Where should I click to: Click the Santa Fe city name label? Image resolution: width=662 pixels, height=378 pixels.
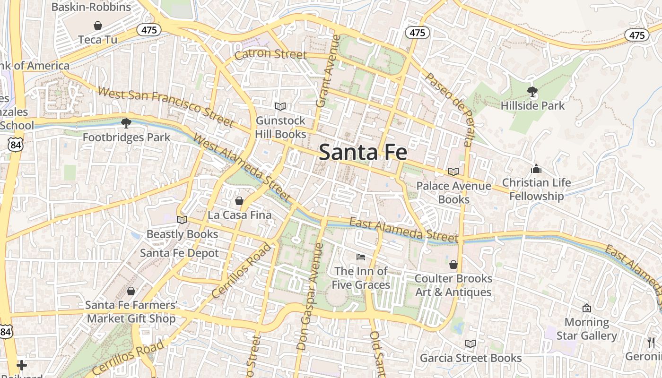(x=363, y=152)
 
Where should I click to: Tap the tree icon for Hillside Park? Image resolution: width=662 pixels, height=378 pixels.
(x=532, y=92)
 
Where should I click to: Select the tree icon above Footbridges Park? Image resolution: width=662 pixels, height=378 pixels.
(x=126, y=123)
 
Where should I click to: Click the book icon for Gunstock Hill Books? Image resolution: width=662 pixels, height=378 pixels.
(x=280, y=106)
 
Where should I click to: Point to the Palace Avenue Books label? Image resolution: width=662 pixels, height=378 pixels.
(x=453, y=192)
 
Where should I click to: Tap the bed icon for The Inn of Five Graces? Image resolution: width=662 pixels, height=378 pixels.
(x=361, y=257)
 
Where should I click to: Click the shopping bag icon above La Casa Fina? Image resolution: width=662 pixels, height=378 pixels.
(x=239, y=201)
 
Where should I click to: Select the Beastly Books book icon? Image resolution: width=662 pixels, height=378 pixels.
(x=182, y=220)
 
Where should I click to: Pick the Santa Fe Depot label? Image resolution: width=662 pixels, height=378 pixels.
(x=179, y=253)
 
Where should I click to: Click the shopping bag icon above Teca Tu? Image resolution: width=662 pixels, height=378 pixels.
(x=98, y=25)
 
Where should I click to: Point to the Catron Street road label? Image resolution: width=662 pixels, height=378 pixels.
(x=270, y=54)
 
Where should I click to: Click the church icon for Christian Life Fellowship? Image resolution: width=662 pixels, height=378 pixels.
(x=536, y=169)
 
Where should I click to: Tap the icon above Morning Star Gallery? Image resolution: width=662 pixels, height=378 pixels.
(x=587, y=308)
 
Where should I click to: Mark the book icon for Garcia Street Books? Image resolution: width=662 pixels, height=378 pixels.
(x=470, y=344)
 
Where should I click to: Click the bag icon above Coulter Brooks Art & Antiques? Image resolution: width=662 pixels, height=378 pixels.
(x=453, y=265)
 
